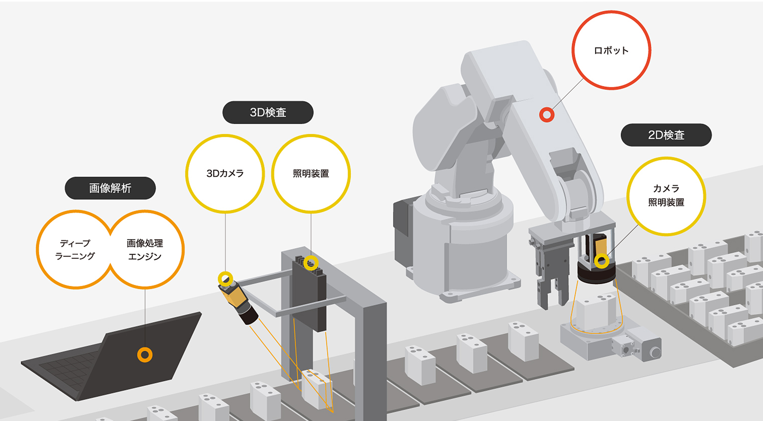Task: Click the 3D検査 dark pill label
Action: [268, 112]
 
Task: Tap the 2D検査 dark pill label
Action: [666, 135]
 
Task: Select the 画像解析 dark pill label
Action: [110, 188]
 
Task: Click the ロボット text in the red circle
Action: [611, 51]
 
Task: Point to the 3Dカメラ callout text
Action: [225, 173]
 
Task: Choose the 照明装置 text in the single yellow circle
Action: [311, 173]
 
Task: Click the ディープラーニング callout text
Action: [75, 250]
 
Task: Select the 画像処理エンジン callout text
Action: [145, 250]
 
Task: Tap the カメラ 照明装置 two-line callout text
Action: [666, 195]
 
